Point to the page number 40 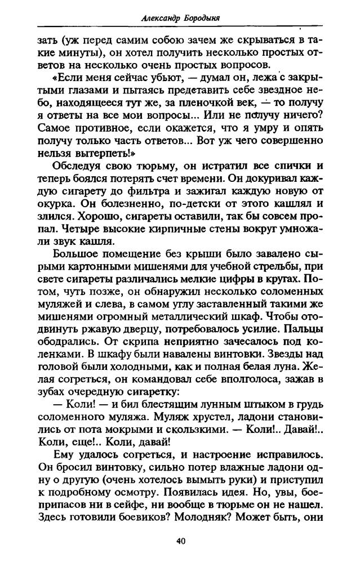coord(180,542)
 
